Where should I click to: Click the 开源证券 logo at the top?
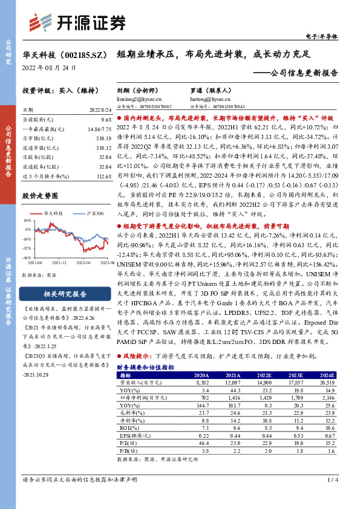(x=77, y=22)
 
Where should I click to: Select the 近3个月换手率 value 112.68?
(x=104, y=175)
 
